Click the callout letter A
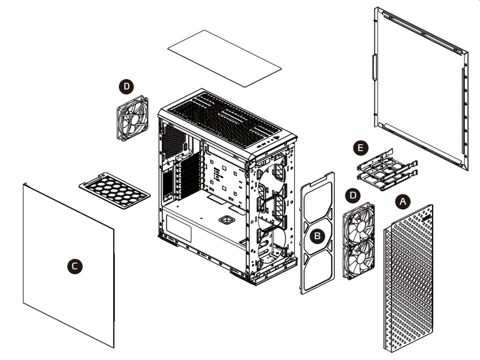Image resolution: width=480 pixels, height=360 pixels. pyautogui.click(x=403, y=201)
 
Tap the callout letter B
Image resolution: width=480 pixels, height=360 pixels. pyautogui.click(x=317, y=236)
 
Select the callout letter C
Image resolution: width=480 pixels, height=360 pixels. pyautogui.click(x=75, y=266)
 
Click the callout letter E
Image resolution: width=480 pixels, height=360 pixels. pyautogui.click(x=361, y=148)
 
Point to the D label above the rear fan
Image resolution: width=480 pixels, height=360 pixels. pyautogui.click(x=126, y=87)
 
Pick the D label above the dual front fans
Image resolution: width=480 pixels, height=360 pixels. pyautogui.click(x=352, y=195)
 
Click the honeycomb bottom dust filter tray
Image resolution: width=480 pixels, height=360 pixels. pyautogui.click(x=114, y=191)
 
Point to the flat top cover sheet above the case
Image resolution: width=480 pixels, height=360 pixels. pyautogui.click(x=224, y=58)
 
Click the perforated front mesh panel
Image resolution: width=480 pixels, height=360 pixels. pyautogui.click(x=408, y=278)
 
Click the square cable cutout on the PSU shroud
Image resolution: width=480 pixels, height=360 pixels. pyautogui.click(x=227, y=219)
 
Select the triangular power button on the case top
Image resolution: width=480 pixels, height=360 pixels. pyautogui.click(x=277, y=138)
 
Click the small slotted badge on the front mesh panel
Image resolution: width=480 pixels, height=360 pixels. pyautogui.click(x=425, y=218)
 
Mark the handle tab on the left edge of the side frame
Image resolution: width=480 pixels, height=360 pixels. pyautogui.click(x=374, y=67)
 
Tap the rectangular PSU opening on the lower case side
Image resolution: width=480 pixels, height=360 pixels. pyautogui.click(x=179, y=229)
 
